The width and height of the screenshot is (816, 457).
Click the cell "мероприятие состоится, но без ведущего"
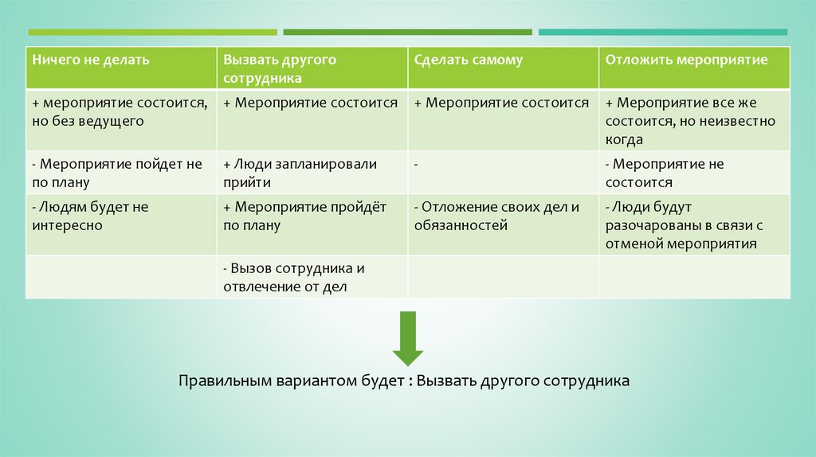coord(120,111)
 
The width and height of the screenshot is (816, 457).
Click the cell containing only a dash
coord(503,173)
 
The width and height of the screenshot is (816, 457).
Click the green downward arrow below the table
coord(407,338)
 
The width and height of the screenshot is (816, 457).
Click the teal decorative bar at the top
coord(662,33)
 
